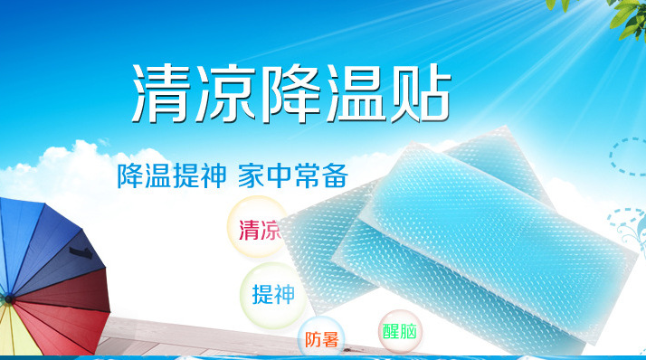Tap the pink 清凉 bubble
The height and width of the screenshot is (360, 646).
258,230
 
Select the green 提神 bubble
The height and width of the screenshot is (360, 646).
272,294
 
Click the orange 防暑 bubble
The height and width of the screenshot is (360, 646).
321,339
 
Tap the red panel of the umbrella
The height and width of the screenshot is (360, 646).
77,303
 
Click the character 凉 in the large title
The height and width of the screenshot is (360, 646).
226,94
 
